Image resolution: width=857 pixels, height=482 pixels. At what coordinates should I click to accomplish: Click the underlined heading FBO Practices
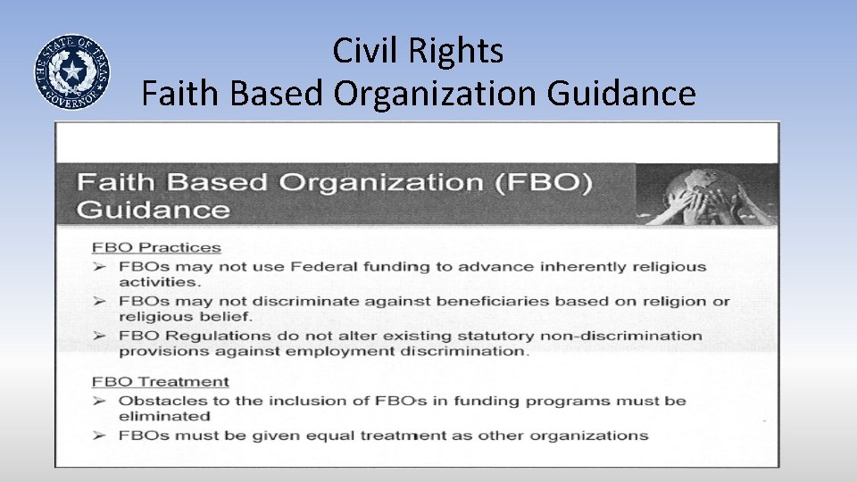[x=156, y=247]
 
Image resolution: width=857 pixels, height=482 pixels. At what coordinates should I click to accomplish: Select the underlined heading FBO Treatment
[x=161, y=381]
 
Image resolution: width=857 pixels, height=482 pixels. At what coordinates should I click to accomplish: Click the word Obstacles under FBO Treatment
[x=158, y=401]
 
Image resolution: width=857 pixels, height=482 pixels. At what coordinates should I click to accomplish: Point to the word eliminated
[x=164, y=416]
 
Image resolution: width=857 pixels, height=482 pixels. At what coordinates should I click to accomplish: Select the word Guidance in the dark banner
[x=154, y=210]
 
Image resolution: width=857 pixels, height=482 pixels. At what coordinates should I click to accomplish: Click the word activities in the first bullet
[x=146, y=282]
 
